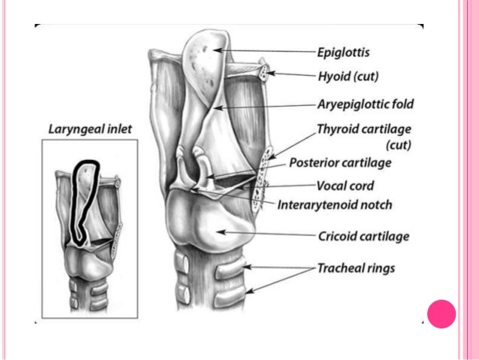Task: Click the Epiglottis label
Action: click(x=343, y=53)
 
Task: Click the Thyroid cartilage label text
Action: click(x=364, y=129)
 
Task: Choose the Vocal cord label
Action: click(x=345, y=186)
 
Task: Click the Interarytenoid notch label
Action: click(x=334, y=204)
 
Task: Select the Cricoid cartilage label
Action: click(x=363, y=237)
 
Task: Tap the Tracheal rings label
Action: click(x=355, y=268)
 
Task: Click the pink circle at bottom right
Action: click(x=441, y=313)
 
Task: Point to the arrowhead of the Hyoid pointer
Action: click(x=270, y=74)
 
